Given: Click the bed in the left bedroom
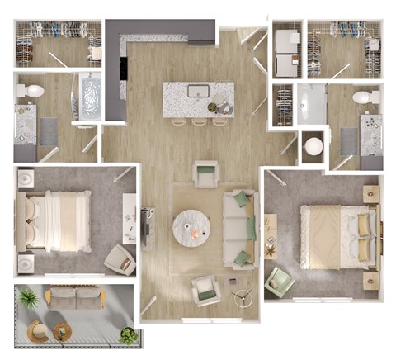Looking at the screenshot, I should [x=58, y=220].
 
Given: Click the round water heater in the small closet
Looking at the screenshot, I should [x=314, y=146].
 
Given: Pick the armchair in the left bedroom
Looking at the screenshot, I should [x=120, y=259].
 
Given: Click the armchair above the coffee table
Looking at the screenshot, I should [x=205, y=174].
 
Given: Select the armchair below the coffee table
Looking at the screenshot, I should [x=205, y=291].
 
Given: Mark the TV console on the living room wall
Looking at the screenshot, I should [x=148, y=227].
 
